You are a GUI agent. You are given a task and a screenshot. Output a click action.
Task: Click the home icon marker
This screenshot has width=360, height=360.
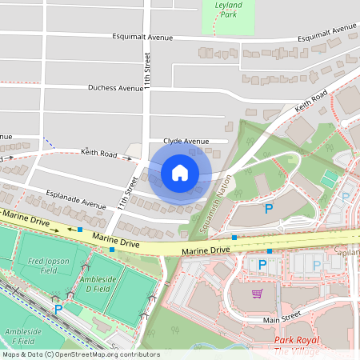click(x=180, y=173)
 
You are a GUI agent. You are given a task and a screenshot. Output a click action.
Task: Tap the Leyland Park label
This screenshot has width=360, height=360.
click(x=228, y=10)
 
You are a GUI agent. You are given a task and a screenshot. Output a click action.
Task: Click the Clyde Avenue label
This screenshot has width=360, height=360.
click(x=186, y=141)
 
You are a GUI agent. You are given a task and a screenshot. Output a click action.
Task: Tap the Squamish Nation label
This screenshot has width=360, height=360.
click(x=214, y=200)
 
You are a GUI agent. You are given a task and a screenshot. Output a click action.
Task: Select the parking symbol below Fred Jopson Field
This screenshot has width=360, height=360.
click(x=57, y=307)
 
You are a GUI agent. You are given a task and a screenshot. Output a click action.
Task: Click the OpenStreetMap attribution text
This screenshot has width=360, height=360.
click(x=81, y=354)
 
